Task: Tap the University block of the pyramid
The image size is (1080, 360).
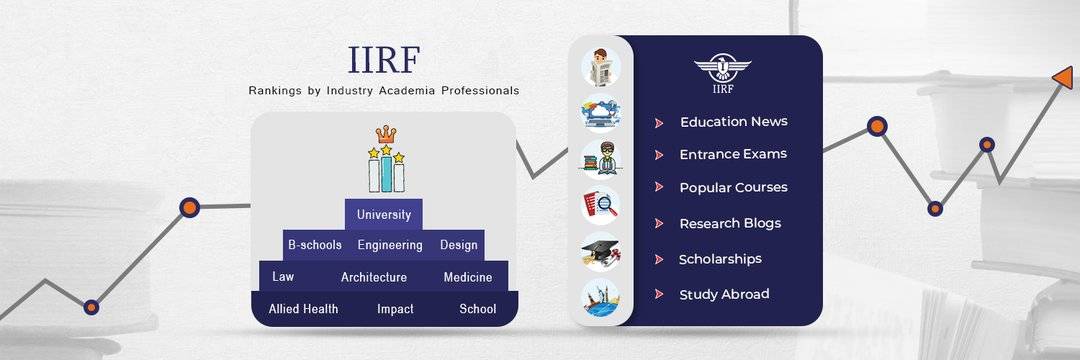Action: [384, 214]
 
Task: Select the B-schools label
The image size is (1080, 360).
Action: [314, 244]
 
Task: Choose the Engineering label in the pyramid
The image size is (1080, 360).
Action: [390, 244]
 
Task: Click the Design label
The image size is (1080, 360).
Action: [459, 244]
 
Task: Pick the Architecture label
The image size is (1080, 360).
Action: [374, 277]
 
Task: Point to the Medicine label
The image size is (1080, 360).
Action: [468, 277]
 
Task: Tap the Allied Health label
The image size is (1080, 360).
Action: [303, 309]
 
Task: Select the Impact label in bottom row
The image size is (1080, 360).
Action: [395, 309]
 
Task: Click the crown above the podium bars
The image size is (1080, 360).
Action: [386, 134]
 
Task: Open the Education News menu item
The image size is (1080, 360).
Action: [733, 122]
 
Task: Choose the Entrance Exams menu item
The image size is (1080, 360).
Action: [733, 154]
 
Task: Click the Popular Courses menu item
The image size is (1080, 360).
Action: [733, 187]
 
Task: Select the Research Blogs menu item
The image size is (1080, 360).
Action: [730, 223]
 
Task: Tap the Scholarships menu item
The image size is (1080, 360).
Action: [720, 259]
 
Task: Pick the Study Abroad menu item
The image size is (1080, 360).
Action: [724, 294]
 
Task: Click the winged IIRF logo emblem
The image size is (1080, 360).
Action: [722, 70]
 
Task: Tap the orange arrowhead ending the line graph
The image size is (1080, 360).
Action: [1062, 76]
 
